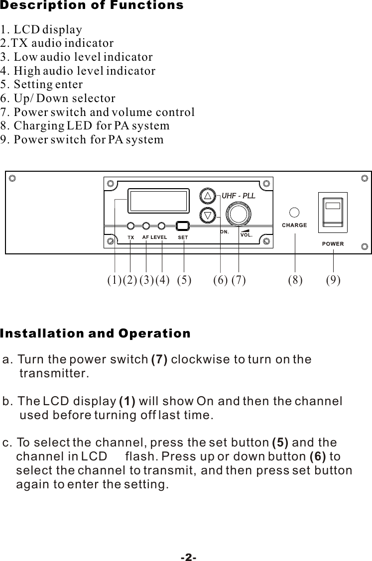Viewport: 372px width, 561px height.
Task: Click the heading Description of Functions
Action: coord(92,6)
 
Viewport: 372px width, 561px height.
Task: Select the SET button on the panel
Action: coord(183,225)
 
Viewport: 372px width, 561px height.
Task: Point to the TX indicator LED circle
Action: coord(130,225)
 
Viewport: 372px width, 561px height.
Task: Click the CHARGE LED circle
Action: coord(295,212)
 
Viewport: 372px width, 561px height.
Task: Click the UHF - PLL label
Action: coord(238,196)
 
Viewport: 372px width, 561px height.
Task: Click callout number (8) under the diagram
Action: coord(295,281)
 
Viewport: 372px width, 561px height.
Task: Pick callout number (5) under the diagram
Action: coord(184,281)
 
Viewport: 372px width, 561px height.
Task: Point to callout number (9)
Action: coord(333,281)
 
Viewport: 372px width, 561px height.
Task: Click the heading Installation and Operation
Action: coord(96,334)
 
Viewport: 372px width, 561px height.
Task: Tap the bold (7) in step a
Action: coord(159,359)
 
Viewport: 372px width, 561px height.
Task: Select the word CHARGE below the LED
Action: coord(295,225)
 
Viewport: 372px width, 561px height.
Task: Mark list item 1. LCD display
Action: coord(41,29)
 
